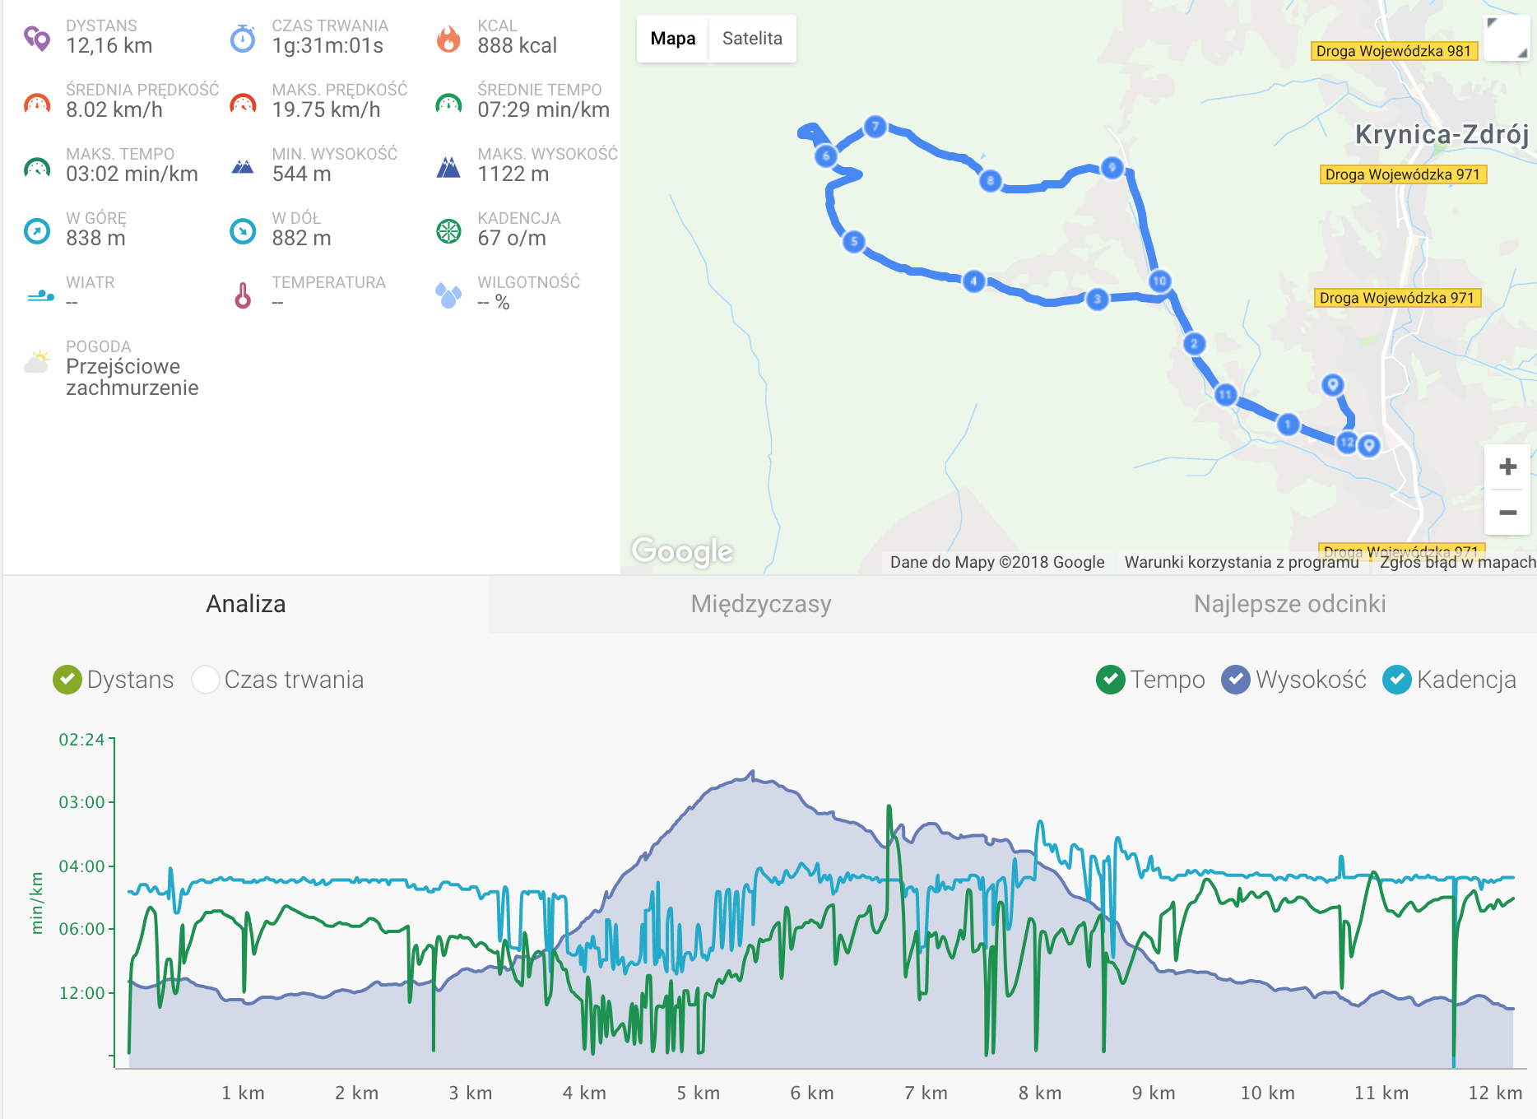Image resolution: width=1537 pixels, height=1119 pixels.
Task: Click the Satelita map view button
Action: (x=752, y=39)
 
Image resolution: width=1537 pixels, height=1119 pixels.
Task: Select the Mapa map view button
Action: (x=672, y=39)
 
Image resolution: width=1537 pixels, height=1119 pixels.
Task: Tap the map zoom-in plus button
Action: (x=1507, y=467)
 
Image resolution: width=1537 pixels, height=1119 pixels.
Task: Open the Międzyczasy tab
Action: (x=761, y=604)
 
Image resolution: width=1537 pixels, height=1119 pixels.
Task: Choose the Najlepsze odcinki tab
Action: (x=1289, y=604)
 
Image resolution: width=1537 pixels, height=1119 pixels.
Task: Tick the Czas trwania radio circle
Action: (x=205, y=680)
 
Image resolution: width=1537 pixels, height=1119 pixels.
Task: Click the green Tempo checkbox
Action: (x=1111, y=680)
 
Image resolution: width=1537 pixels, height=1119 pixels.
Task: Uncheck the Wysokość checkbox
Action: (x=1236, y=680)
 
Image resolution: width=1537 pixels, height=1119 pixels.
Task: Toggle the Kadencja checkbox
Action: (x=1397, y=680)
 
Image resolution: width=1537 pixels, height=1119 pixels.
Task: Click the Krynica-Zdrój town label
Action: (x=1442, y=134)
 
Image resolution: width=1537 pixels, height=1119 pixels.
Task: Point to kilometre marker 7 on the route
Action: (x=875, y=127)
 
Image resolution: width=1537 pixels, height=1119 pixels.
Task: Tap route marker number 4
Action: (x=973, y=281)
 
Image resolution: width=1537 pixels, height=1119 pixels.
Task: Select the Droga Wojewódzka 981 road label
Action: (x=1393, y=51)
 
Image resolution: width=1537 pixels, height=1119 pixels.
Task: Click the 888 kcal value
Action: (x=517, y=46)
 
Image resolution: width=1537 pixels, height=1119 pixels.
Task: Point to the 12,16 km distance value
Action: (x=109, y=46)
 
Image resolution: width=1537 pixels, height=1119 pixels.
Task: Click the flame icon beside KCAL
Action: (x=448, y=38)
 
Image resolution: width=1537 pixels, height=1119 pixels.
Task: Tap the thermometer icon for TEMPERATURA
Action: (x=243, y=295)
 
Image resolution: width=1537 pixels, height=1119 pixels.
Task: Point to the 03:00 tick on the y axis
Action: (x=82, y=802)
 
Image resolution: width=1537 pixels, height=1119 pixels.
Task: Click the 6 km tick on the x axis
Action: (x=811, y=1093)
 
